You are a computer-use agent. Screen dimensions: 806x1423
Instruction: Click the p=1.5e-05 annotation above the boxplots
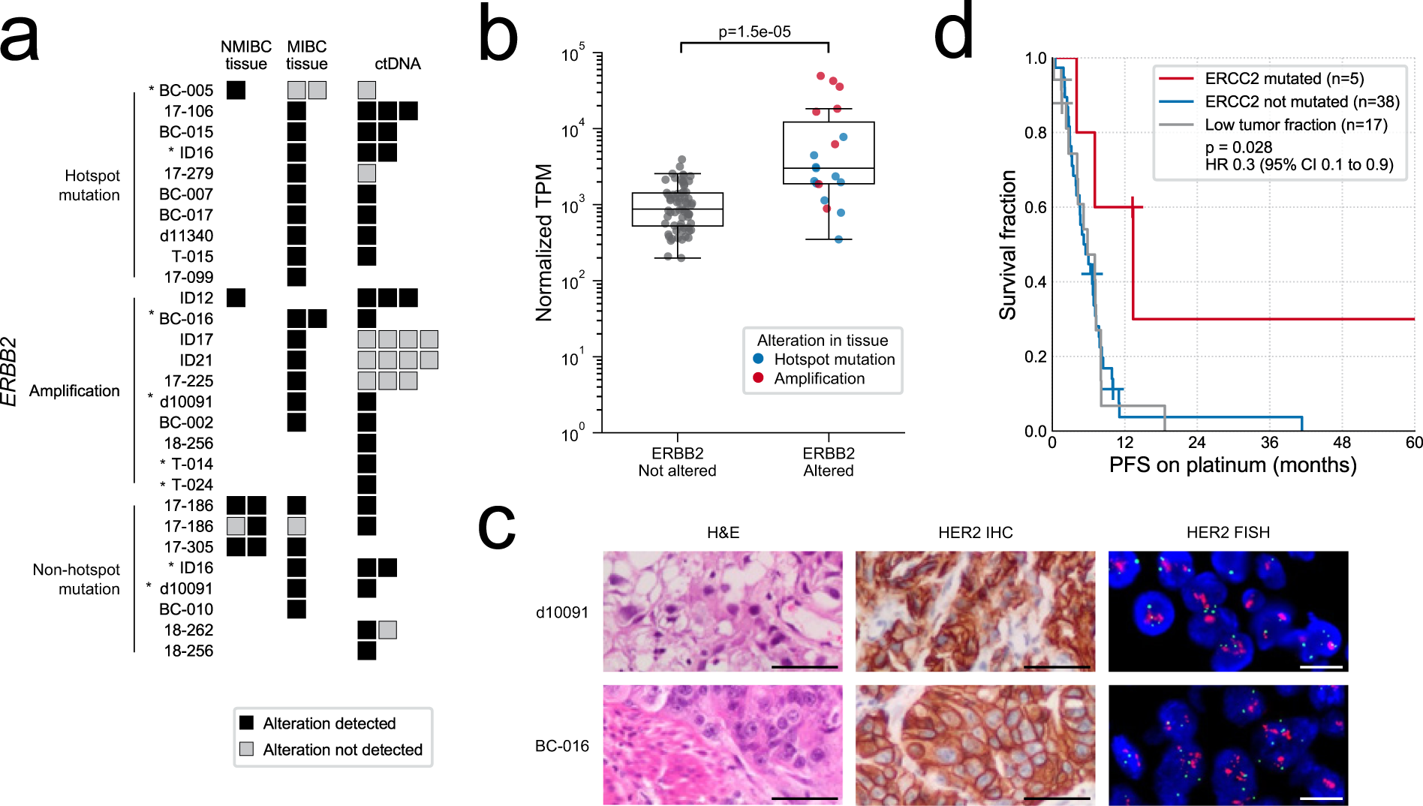click(754, 32)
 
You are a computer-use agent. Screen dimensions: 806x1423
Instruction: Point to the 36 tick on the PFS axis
click(1269, 444)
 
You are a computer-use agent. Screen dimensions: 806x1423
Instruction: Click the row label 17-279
click(188, 173)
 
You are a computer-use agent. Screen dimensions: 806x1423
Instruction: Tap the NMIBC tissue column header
click(245, 56)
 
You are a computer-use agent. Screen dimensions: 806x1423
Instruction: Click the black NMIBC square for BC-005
click(236, 90)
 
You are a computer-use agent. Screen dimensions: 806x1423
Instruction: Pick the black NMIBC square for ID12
click(236, 298)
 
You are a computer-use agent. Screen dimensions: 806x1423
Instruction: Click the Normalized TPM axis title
click(544, 242)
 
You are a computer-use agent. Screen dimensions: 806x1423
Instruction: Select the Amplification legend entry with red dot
click(818, 379)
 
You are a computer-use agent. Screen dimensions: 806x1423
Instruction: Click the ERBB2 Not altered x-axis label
click(677, 462)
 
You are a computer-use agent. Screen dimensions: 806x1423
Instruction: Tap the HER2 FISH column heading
click(1228, 533)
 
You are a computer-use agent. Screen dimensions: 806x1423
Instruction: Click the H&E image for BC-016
click(723, 744)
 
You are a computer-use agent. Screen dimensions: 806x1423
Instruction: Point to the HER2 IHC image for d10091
click(975, 612)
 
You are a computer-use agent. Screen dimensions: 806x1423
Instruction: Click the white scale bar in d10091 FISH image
click(1320, 666)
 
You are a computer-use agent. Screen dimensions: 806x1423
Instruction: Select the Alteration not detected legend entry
click(341, 750)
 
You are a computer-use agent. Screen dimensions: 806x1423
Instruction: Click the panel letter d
click(953, 34)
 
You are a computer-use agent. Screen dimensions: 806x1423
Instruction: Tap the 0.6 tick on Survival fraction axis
click(1036, 207)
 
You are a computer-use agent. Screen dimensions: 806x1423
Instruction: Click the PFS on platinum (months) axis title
click(1232, 465)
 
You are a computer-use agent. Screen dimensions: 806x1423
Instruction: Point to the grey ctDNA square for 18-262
click(387, 630)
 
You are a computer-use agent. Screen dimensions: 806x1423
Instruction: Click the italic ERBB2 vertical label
click(9, 372)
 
